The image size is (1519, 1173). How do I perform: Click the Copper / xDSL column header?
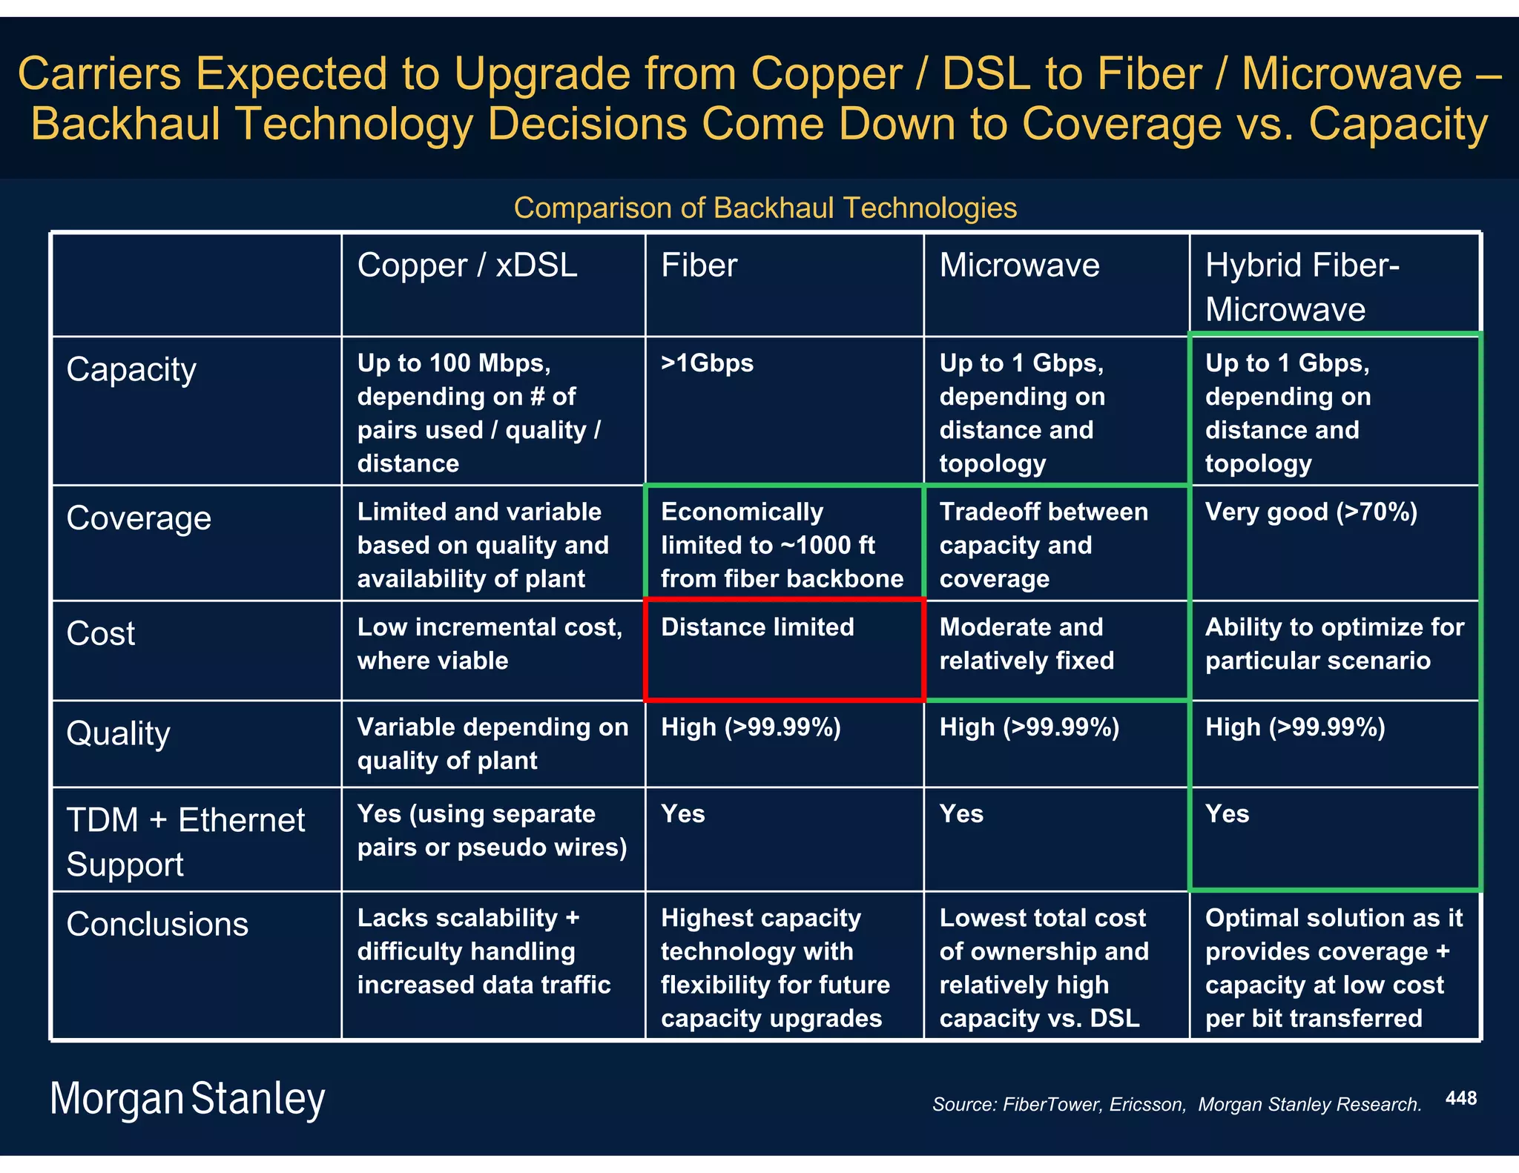(x=467, y=265)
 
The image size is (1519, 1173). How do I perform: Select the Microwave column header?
(x=1019, y=265)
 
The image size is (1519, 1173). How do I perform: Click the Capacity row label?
(x=131, y=369)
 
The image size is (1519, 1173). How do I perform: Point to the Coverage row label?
(x=139, y=518)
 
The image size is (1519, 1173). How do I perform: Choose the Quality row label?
(x=118, y=733)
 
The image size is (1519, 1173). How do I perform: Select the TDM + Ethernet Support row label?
(x=185, y=842)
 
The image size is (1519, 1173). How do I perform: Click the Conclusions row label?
(x=157, y=925)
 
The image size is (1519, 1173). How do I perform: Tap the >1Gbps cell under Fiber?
(x=707, y=363)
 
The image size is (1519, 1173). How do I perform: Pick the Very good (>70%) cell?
(x=1311, y=512)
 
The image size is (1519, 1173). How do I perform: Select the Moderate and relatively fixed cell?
(x=1027, y=644)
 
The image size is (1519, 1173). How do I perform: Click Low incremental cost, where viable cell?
(x=490, y=644)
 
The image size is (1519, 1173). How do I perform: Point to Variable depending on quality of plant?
(x=492, y=744)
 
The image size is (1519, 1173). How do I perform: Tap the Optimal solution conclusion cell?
(x=1334, y=968)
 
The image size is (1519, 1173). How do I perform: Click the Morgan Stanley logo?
(x=188, y=1099)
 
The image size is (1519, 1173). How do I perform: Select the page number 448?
(x=1460, y=1098)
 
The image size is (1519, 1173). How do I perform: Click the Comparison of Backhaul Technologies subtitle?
(x=765, y=208)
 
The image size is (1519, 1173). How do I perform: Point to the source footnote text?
(x=1176, y=1105)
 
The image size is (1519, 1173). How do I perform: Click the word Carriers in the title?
(x=99, y=74)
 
